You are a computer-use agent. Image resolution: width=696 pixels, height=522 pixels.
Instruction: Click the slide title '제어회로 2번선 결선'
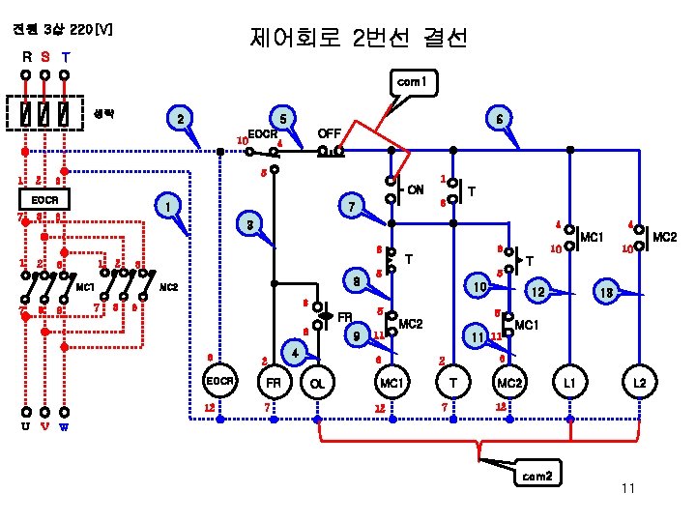pos(358,39)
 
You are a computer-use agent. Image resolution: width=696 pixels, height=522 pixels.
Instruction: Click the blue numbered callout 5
pos(283,118)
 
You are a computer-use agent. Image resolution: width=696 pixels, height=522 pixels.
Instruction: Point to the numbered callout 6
pos(497,118)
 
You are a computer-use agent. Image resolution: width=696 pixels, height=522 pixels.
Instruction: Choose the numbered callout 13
pos(606,290)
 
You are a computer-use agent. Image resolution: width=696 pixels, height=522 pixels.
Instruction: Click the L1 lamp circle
pos(569,384)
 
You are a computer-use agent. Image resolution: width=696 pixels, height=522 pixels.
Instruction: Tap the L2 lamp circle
pos(639,384)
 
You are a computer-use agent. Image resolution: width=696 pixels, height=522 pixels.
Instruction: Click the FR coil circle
pos(275,384)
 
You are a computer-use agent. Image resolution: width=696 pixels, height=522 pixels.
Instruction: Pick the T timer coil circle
pos(453,384)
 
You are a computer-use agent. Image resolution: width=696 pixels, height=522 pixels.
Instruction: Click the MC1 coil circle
pos(391,384)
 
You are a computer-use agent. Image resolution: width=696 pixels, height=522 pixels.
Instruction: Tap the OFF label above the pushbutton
pos(331,132)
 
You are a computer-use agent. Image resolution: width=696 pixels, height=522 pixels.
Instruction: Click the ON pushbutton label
pos(416,188)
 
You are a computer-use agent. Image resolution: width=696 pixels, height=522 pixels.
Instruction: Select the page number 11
pos(627,488)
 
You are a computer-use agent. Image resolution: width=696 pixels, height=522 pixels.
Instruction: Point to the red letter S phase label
pos(45,56)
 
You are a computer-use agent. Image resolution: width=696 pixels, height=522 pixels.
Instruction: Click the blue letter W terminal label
pos(64,426)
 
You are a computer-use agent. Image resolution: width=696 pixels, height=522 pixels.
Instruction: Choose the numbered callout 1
pos(169,206)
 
